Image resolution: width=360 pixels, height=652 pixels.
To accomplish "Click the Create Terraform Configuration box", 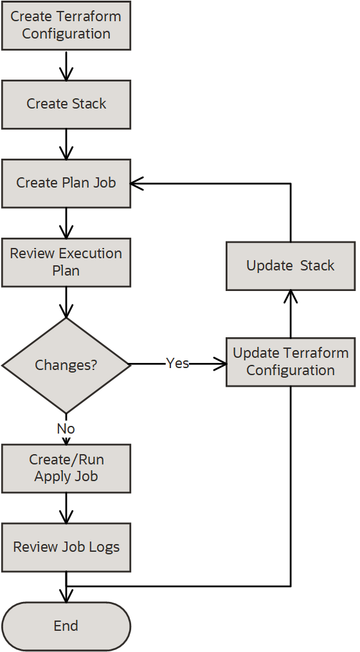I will click(x=66, y=26).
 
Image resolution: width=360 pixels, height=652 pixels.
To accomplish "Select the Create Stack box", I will click(x=66, y=104).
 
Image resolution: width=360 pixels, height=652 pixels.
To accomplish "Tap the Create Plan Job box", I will click(x=66, y=183).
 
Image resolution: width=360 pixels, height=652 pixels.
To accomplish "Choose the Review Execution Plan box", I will click(x=66, y=262).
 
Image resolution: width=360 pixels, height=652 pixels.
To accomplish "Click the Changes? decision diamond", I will click(x=66, y=365).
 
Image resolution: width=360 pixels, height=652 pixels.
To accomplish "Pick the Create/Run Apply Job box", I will click(x=66, y=468).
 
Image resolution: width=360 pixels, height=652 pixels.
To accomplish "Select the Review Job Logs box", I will click(x=66, y=547).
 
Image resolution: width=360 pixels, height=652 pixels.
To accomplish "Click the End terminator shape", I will click(x=66, y=626).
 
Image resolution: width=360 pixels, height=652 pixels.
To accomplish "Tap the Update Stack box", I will click(x=291, y=265).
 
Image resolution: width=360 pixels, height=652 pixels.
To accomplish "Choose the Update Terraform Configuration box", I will click(x=291, y=362).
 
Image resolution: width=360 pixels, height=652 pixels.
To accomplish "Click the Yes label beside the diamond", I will click(x=177, y=364).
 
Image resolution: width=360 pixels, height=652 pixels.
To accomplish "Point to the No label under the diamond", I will click(x=66, y=428).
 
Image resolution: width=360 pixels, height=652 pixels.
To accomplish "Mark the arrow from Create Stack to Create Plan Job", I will click(x=66, y=144).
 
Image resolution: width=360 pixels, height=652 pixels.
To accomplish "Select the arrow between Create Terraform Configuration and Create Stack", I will click(x=66, y=65).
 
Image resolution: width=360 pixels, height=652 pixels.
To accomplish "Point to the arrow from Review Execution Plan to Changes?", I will click(x=66, y=302).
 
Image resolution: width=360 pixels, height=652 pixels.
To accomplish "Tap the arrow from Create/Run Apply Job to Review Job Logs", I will click(x=66, y=507).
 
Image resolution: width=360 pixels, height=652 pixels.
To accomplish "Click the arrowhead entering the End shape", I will click(x=66, y=597).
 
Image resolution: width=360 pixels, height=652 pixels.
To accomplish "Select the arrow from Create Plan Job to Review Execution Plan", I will click(x=66, y=223).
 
